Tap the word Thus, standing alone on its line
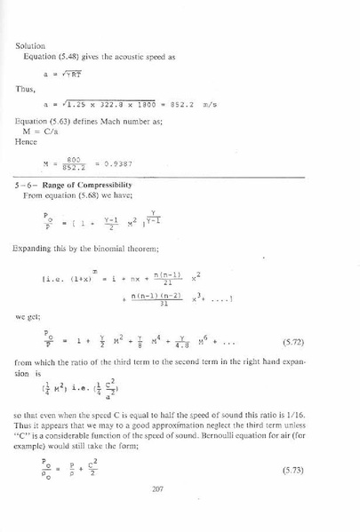[x=26, y=88]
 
